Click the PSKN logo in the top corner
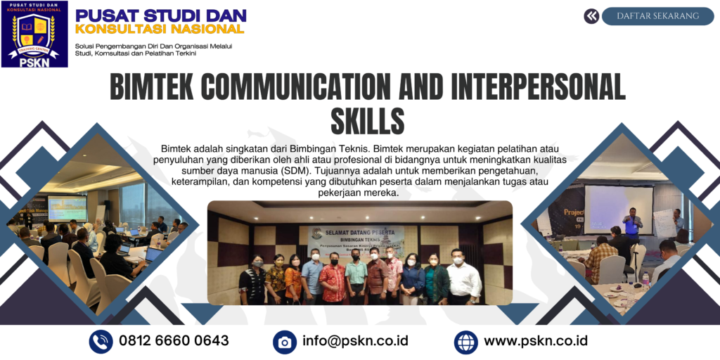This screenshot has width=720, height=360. (x=34, y=34)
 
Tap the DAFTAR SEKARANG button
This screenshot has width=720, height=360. (x=657, y=16)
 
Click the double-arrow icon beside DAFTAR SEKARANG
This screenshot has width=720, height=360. (x=591, y=16)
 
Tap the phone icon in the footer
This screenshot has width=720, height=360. (x=101, y=342)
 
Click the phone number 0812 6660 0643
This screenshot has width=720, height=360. (x=174, y=341)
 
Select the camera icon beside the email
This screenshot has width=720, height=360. (x=285, y=342)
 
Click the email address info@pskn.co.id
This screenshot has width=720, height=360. (x=355, y=341)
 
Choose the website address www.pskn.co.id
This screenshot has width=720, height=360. (x=536, y=341)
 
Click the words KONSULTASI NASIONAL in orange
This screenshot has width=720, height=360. (x=160, y=29)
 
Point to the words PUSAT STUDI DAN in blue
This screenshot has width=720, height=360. (x=161, y=15)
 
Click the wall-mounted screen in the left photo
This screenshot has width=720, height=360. (x=67, y=208)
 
